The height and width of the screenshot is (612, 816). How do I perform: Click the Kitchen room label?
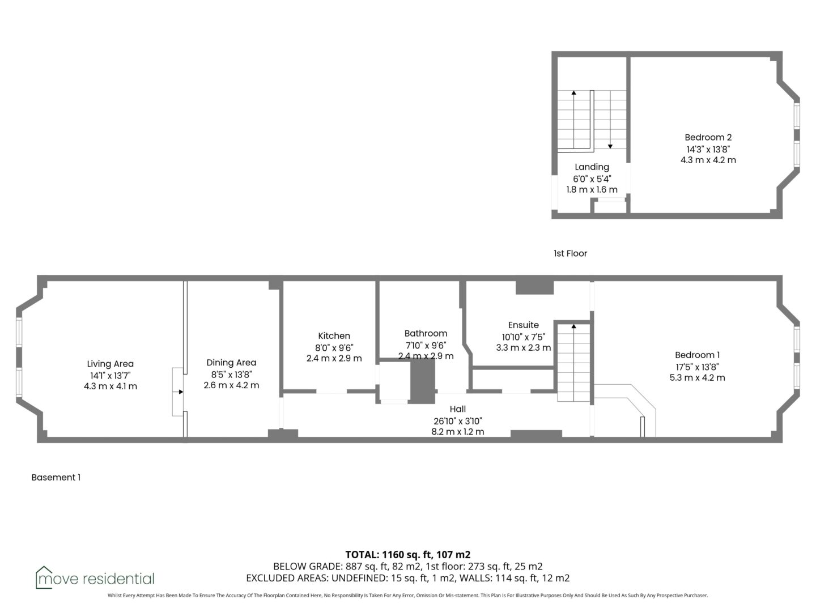334,336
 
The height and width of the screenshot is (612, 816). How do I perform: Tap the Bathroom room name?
426,333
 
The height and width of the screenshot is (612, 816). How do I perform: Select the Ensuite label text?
523,325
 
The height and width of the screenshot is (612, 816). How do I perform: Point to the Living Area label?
110,364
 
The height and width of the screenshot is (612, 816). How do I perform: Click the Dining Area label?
231,363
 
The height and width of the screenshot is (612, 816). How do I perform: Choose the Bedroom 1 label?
697,355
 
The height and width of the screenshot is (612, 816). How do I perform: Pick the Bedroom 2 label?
708,138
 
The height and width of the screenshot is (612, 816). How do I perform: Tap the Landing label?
592,168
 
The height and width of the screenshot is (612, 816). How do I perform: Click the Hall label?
458,409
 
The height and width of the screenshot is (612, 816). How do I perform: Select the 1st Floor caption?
570,253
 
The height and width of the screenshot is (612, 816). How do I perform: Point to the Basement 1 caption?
56,478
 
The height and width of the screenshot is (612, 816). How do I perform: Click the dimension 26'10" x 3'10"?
458,421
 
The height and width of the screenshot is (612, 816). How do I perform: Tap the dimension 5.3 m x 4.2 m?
697,377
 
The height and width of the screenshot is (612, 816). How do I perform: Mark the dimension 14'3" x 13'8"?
708,150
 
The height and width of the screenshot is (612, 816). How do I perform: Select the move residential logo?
95,578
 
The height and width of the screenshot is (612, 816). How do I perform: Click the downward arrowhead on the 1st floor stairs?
610,146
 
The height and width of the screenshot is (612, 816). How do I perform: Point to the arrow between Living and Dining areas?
178,392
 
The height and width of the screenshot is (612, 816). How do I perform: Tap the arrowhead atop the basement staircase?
573,326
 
